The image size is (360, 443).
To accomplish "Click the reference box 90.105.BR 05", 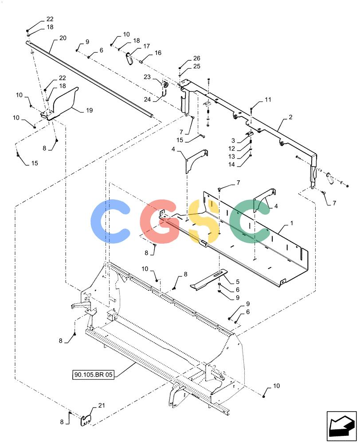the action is coord(93,375).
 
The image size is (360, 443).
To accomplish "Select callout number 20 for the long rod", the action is coord(63,38).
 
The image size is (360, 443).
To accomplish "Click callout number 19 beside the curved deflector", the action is coord(90,110).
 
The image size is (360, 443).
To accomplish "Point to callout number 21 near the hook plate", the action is coord(101,405).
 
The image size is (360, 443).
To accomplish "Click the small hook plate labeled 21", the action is coord(86,420).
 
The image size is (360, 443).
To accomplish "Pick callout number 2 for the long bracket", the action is coord(290,117).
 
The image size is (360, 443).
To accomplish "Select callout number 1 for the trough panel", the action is coord(292,223).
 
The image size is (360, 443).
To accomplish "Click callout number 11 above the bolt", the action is coord(268,99).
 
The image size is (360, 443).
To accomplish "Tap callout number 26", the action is coord(196,58).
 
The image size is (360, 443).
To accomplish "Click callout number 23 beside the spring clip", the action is coord(147,77).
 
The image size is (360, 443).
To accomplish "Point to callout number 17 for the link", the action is coord(146,46).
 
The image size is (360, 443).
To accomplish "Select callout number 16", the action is coord(158,53).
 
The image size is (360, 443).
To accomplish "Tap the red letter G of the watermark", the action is coord(160,221).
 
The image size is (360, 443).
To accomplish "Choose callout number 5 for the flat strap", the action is coord(238,282).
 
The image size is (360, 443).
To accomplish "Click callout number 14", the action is coord(231,164).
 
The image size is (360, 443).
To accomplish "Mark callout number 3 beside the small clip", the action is coord(233,140).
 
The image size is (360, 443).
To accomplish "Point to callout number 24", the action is coord(147,99).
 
